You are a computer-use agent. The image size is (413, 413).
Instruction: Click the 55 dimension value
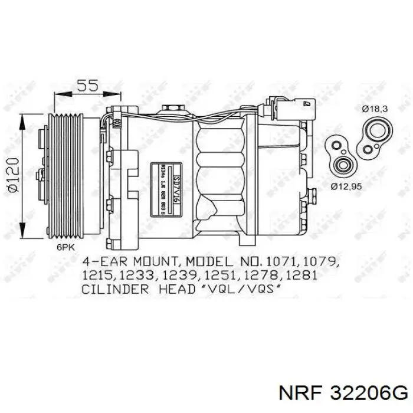(x=88, y=86)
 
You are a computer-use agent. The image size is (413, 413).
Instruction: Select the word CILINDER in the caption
(x=111, y=289)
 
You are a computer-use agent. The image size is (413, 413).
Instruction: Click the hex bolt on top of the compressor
(x=173, y=108)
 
